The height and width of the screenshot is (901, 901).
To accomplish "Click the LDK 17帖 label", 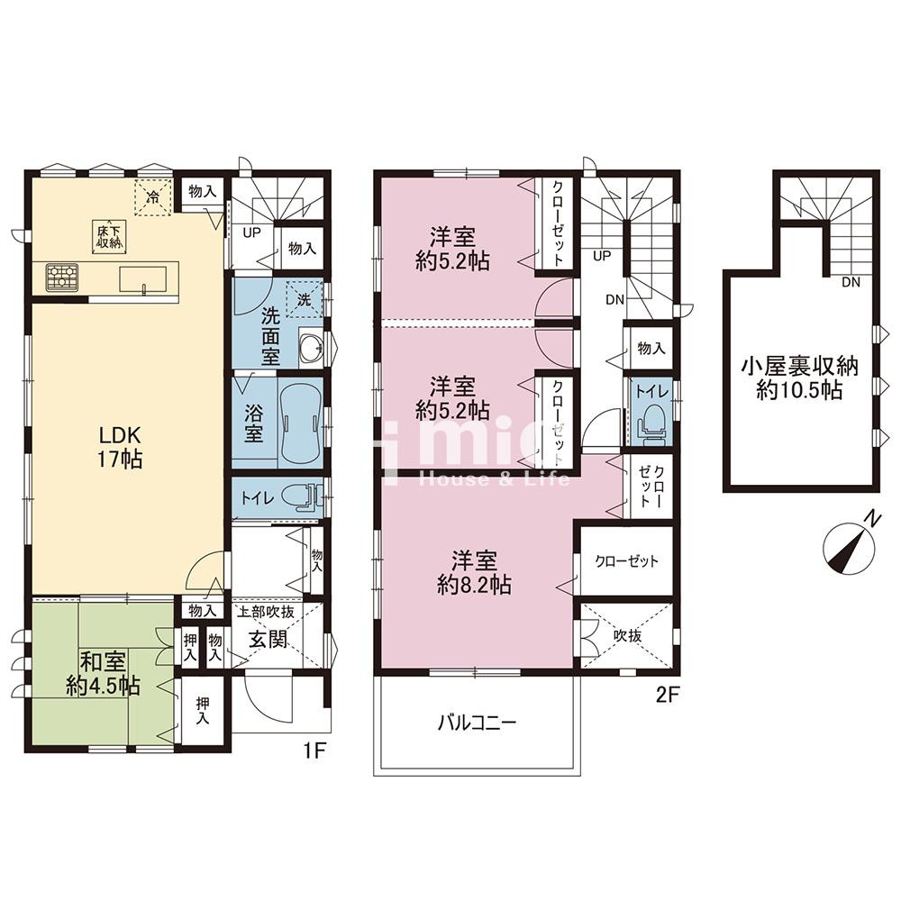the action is [x=120, y=447].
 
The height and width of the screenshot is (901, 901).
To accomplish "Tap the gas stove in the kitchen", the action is [x=62, y=277].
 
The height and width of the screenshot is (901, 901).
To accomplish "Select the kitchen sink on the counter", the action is [x=142, y=280].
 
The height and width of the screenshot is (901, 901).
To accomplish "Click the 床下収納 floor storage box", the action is [x=109, y=235].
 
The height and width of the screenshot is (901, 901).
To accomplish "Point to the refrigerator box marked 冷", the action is [x=153, y=197].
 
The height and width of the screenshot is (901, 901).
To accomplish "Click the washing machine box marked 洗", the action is [x=304, y=300].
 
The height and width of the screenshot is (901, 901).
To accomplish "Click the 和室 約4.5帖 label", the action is [x=103, y=674].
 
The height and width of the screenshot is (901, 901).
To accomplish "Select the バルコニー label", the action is [x=477, y=723].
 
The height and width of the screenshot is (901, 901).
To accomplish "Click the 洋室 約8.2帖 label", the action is [x=474, y=572].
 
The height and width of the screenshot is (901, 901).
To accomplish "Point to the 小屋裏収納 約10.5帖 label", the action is [x=799, y=378].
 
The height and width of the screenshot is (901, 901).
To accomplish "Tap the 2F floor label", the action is [x=669, y=696].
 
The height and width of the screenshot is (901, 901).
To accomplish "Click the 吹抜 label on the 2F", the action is [x=627, y=635].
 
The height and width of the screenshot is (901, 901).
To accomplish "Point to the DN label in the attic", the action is [x=851, y=283].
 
